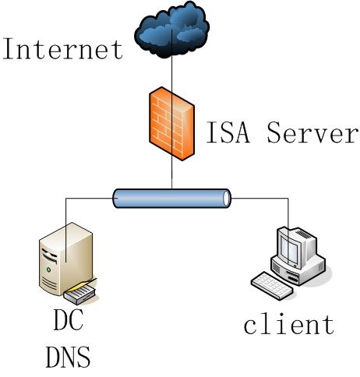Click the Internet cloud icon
click(x=171, y=30)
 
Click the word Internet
click(x=62, y=49)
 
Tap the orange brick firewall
click(x=171, y=124)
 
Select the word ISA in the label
click(x=228, y=132)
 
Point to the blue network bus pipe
click(x=171, y=199)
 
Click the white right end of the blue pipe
click(x=227, y=199)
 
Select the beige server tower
click(x=66, y=259)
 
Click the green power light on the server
click(x=48, y=270)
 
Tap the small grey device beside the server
click(x=80, y=294)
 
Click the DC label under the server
click(x=69, y=319)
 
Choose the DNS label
click(x=69, y=357)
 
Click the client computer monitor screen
click(x=289, y=249)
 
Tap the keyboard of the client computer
click(x=272, y=286)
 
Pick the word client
click(x=289, y=324)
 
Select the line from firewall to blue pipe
click(x=171, y=173)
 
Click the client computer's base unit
click(x=298, y=270)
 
